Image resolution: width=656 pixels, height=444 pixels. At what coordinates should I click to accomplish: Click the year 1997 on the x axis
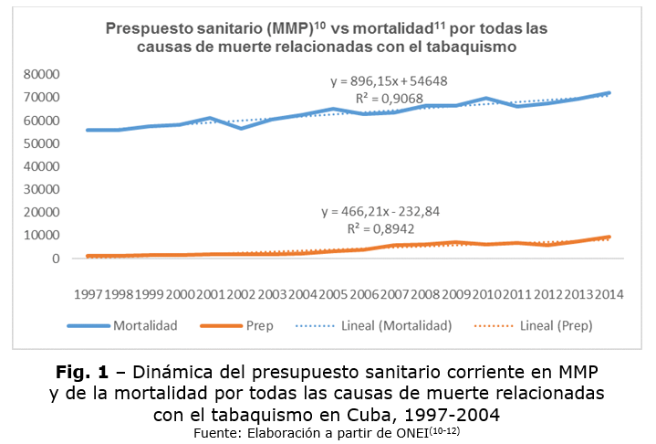89,294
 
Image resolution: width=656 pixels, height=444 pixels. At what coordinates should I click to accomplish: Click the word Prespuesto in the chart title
157,28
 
